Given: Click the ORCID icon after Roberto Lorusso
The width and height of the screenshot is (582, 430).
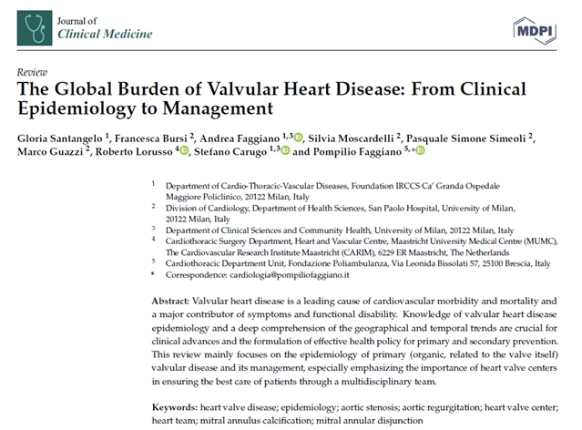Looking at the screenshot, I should coord(185,151).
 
